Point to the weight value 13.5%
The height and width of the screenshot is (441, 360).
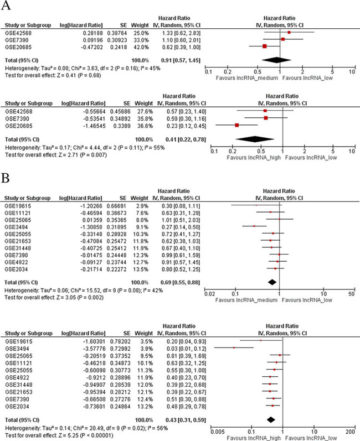[142, 284]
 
